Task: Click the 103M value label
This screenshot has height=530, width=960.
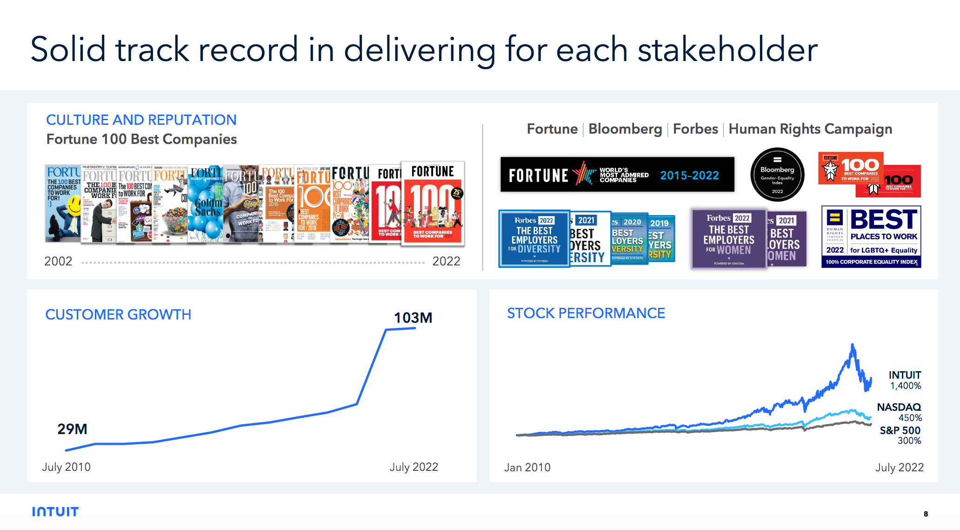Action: pos(413,318)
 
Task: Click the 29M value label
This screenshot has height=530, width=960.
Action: pos(72,429)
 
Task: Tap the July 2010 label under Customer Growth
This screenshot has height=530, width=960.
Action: pos(66,467)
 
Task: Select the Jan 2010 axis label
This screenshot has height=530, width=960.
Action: pos(527,467)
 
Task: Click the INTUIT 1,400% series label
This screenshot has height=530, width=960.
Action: pos(905,380)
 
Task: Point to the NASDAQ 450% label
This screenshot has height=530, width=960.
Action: pos(899,412)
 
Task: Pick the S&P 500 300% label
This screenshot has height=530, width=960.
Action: pos(900,435)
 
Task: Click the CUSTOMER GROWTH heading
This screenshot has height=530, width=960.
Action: pos(118,314)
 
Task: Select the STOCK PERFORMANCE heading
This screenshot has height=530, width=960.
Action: pos(586,313)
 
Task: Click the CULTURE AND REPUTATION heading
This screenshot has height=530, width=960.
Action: pos(141,120)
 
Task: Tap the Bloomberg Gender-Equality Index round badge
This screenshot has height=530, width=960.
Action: pos(777,175)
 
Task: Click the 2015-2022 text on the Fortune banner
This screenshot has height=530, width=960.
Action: pos(689,175)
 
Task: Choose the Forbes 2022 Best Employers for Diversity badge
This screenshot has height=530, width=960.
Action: pos(534,239)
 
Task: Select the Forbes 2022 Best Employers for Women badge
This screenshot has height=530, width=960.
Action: pos(728,239)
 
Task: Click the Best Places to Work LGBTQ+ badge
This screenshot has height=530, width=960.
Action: pos(871,237)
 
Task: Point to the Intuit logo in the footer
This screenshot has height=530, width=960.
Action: pos(55,511)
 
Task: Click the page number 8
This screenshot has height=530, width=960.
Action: pos(926,514)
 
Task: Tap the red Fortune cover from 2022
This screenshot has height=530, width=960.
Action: pos(433,203)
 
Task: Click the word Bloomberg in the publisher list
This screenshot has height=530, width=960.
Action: pos(625,129)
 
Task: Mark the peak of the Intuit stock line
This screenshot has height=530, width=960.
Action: pos(852,345)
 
